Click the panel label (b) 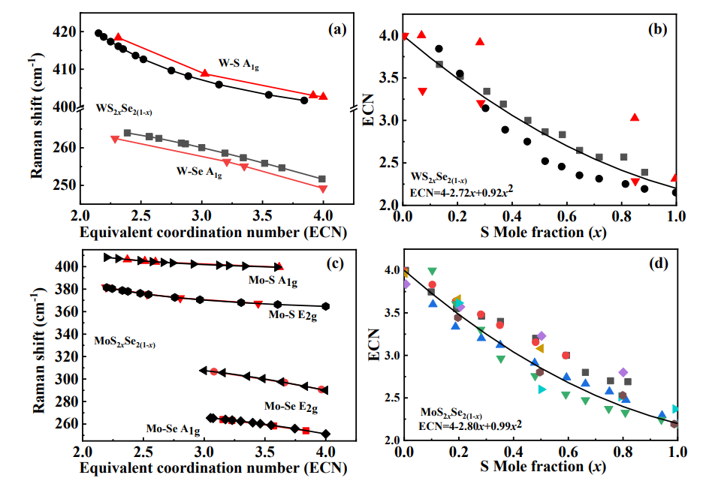click(x=659, y=31)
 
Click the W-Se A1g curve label click(x=199, y=172)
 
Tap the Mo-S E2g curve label click(x=294, y=314)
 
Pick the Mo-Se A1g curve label click(x=173, y=429)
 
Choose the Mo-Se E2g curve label click(x=291, y=407)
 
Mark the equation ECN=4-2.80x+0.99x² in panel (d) click(x=470, y=425)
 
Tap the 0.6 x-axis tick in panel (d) click(x=569, y=452)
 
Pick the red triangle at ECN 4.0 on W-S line click(x=323, y=96)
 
